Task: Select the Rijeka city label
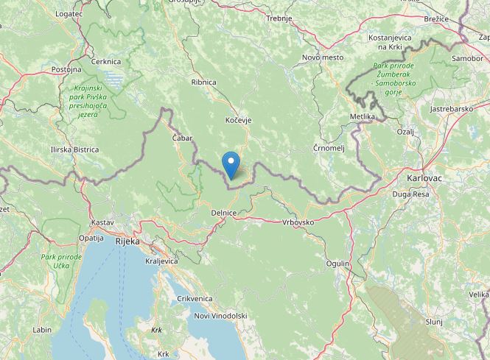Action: pos(127,241)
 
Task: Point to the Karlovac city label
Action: pos(422,178)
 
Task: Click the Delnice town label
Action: pos(223,213)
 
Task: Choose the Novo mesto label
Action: pos(323,57)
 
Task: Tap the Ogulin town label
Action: pos(339,263)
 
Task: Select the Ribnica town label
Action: pos(203,82)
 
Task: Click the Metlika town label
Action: pos(363,117)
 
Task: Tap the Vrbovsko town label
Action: pos(298,222)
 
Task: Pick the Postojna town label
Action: pos(66,69)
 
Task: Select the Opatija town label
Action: pos(91,239)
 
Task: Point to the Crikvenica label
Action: pos(195,298)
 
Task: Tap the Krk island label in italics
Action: pos(156,331)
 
